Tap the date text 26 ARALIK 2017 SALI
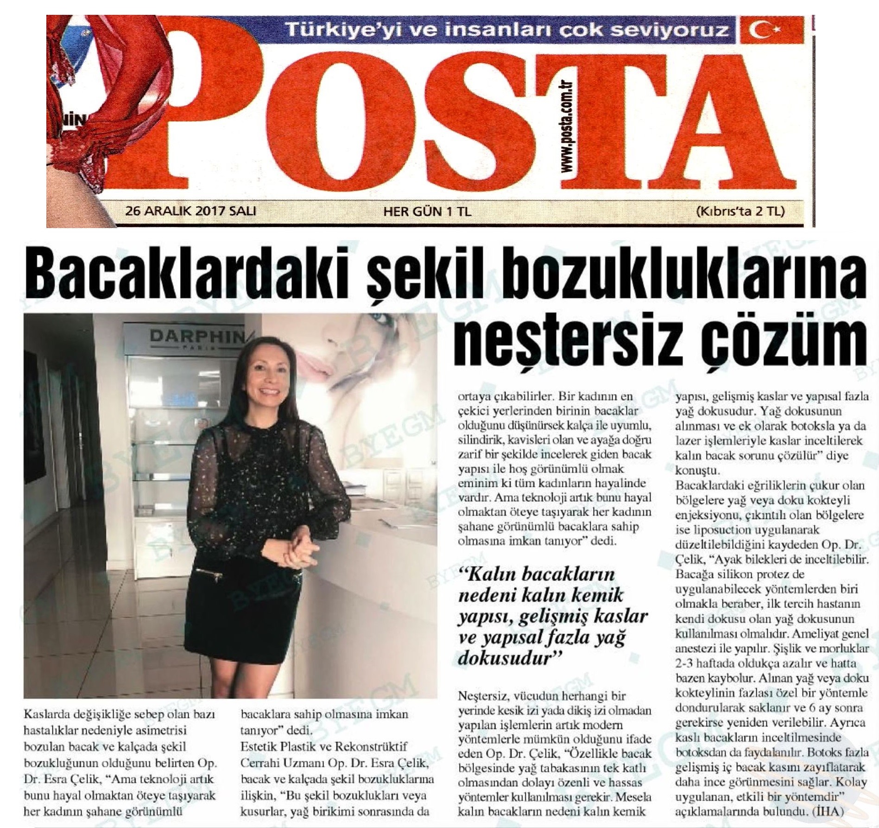(x=190, y=211)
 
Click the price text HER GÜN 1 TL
(x=427, y=212)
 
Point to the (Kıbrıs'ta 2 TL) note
(x=740, y=211)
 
